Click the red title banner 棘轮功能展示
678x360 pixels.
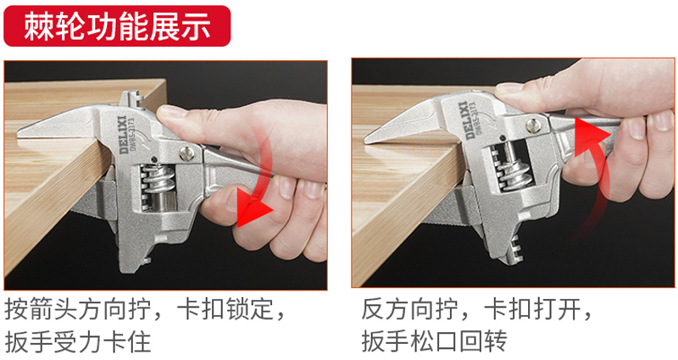click(117, 26)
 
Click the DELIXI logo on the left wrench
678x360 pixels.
click(123, 134)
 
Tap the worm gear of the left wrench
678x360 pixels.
click(158, 180)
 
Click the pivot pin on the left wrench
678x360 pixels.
click(186, 153)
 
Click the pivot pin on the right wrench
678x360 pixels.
click(533, 125)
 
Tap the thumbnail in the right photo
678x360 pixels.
click(509, 88)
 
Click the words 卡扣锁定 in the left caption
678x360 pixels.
click(225, 309)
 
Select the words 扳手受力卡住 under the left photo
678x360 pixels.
click(78, 341)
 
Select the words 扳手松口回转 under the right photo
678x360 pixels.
click(435, 341)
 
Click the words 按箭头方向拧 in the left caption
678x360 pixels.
click(78, 309)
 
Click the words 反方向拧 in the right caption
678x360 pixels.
click(410, 309)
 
